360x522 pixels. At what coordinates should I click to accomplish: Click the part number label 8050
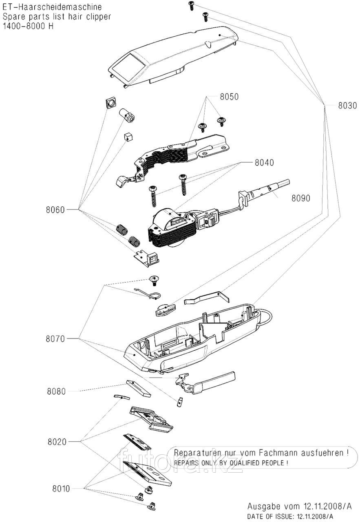[229, 97]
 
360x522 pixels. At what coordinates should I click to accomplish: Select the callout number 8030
[347, 105]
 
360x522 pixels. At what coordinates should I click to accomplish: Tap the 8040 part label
[264, 162]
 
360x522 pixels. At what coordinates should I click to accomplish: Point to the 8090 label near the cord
[300, 198]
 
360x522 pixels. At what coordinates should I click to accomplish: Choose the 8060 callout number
[55, 210]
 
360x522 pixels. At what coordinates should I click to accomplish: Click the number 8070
[55, 339]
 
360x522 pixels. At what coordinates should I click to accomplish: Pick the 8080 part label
[56, 391]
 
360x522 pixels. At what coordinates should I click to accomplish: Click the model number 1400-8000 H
[28, 26]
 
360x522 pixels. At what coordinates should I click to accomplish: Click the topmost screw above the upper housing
[191, 6]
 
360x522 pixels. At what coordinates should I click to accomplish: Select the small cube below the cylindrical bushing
[128, 136]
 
